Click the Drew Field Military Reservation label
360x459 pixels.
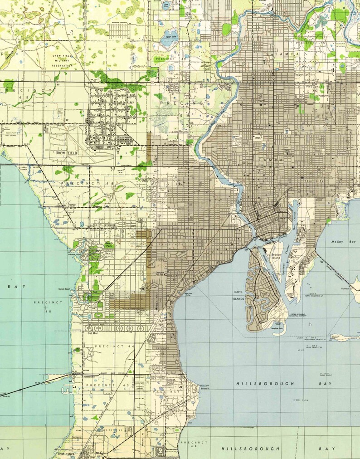tap(63, 60)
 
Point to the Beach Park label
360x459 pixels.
tap(97, 244)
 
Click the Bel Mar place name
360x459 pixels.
tap(93, 332)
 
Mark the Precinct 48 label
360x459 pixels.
tap(86, 183)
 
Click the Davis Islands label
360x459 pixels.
tap(238, 295)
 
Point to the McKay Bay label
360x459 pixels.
tap(342, 242)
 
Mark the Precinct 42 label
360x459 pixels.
tap(195, 444)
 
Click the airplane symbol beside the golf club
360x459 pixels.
tap(143, 287)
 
